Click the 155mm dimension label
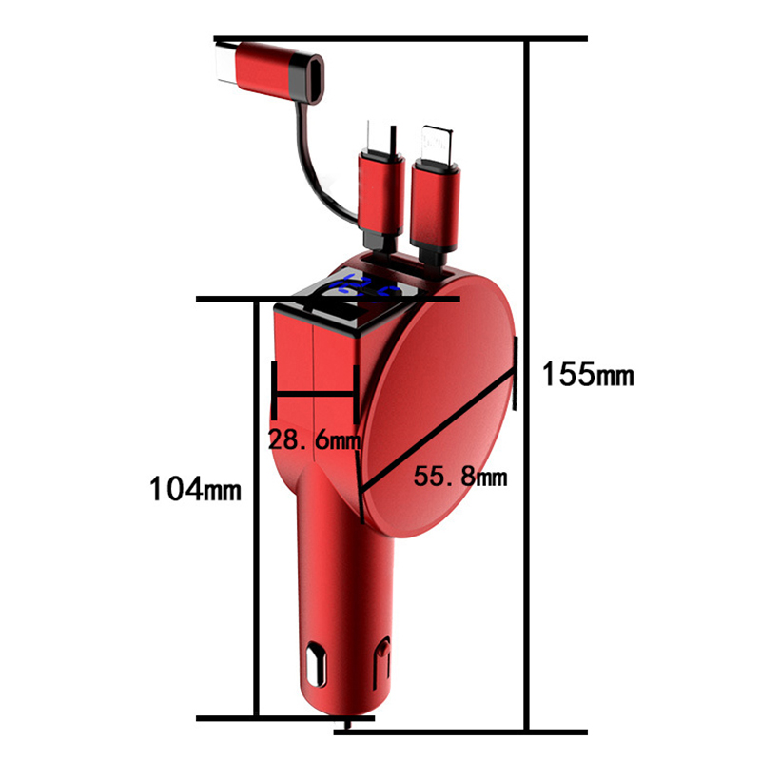[588, 374]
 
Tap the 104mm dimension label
[195, 488]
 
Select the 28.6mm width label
[315, 440]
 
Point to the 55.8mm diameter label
[460, 477]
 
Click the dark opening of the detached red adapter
[315, 79]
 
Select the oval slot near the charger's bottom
[316, 664]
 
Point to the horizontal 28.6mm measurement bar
[315, 394]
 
